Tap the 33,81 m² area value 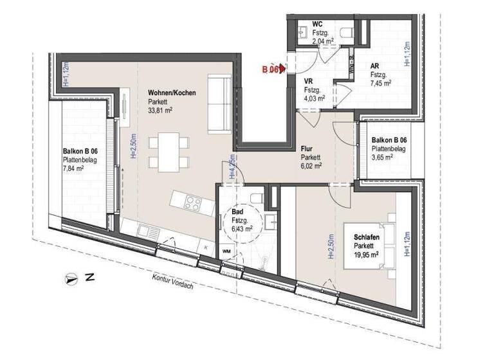[x=160, y=110]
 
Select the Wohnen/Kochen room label [x=171, y=93]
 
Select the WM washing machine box [x=226, y=251]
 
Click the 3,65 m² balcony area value [x=382, y=156]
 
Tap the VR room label [x=308, y=82]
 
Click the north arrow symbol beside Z [x=71, y=278]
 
